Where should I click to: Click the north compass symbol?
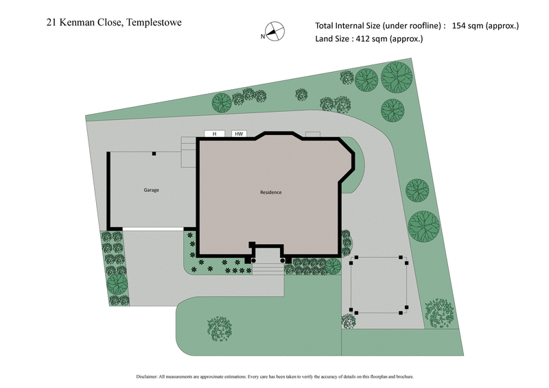pos(273,32)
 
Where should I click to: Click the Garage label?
pos(151,190)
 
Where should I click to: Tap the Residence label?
pos(270,192)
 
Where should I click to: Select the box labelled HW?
pos(239,134)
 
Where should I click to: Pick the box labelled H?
pos(214,134)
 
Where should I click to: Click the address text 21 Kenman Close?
pos(80,22)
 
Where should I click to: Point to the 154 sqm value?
pos(468,26)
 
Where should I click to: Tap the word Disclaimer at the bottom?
pos(148,376)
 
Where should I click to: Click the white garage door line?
pos(152,228)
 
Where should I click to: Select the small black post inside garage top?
pos(154,154)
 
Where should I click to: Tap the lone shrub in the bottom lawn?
pos(219,328)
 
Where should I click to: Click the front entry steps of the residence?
pos(267,269)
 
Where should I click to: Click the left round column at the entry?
pos(254,260)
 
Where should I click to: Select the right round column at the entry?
pos(281,260)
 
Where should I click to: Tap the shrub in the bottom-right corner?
pos(437,313)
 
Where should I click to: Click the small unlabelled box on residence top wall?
pos(313,134)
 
